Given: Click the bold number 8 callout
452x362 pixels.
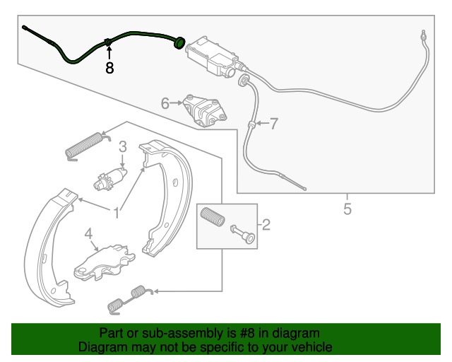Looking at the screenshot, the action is click(x=109, y=68).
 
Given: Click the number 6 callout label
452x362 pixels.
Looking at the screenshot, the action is click(x=165, y=103).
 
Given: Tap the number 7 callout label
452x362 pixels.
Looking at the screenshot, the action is click(x=273, y=124).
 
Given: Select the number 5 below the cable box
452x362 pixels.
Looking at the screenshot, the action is click(x=347, y=209).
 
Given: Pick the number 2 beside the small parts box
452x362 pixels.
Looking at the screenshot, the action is click(x=266, y=225).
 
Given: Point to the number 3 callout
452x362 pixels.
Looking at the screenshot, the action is click(x=123, y=146).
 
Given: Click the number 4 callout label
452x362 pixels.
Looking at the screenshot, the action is click(x=88, y=234).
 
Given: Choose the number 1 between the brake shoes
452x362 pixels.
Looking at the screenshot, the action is click(x=116, y=213).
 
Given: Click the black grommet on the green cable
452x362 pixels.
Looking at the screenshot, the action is click(x=179, y=43).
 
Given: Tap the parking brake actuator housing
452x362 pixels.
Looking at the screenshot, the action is click(x=213, y=57).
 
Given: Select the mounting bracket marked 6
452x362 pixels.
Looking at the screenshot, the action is click(x=205, y=111).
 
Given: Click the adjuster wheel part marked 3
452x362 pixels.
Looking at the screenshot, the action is click(x=110, y=179).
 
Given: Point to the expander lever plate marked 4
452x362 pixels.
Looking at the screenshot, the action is click(x=105, y=263).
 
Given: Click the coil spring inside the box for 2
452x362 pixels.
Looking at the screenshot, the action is click(x=213, y=217).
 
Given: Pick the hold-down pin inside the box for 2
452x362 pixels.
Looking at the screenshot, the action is click(x=243, y=234).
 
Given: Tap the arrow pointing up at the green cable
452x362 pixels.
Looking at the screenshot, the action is click(x=109, y=52).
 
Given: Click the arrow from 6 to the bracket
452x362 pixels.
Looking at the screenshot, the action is click(x=176, y=103).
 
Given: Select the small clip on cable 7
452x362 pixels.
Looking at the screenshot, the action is click(x=251, y=124).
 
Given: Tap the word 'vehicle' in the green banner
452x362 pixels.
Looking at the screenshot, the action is click(x=314, y=346).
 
